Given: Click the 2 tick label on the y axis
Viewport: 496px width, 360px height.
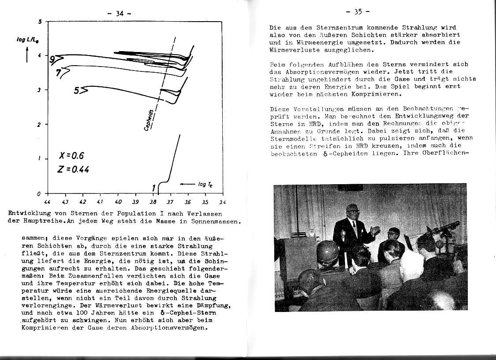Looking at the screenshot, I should (x=39, y=125).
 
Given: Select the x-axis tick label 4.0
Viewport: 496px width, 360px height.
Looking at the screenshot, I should (x=118, y=202).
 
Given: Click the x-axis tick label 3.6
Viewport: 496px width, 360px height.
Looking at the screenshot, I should (x=188, y=202).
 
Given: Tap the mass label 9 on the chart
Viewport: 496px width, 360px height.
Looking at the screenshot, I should (x=52, y=59).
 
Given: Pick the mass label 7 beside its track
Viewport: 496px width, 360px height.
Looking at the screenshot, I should (x=58, y=72).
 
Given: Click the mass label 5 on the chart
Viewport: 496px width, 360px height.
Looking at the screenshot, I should (x=77, y=91).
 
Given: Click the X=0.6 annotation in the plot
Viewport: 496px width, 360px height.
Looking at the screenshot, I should (x=71, y=156).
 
